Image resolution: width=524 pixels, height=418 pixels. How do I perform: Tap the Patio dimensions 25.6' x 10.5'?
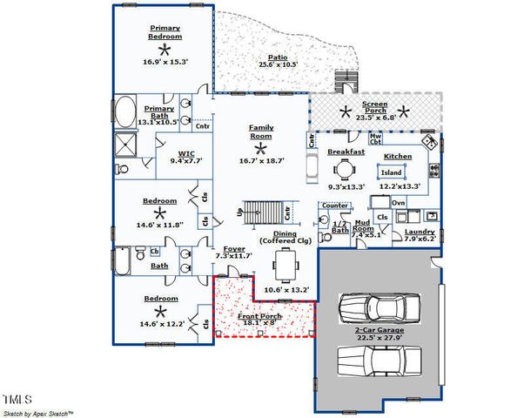click(x=278, y=65)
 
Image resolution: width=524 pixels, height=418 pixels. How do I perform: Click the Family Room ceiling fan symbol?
click(x=260, y=148)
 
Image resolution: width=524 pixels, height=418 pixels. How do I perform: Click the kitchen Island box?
click(x=392, y=172)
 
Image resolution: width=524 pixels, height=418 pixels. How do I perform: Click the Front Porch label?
click(x=260, y=315)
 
